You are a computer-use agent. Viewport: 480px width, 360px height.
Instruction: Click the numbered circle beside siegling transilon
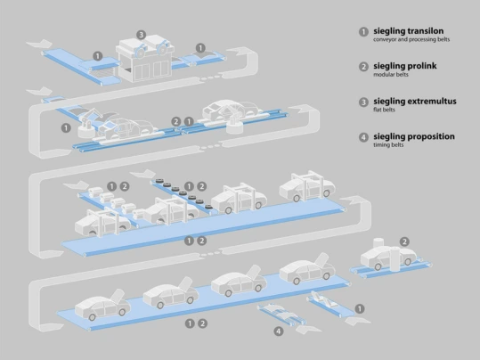363,31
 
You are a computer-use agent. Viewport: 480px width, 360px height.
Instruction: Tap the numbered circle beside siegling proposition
363,138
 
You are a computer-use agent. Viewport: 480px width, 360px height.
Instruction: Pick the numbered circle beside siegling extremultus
363,102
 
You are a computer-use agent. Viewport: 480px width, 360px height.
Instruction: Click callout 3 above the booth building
141,35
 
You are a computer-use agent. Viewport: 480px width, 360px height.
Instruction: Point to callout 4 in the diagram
279,331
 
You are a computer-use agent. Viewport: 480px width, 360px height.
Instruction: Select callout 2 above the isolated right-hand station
405,241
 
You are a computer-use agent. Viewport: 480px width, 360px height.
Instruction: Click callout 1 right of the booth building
201,48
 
